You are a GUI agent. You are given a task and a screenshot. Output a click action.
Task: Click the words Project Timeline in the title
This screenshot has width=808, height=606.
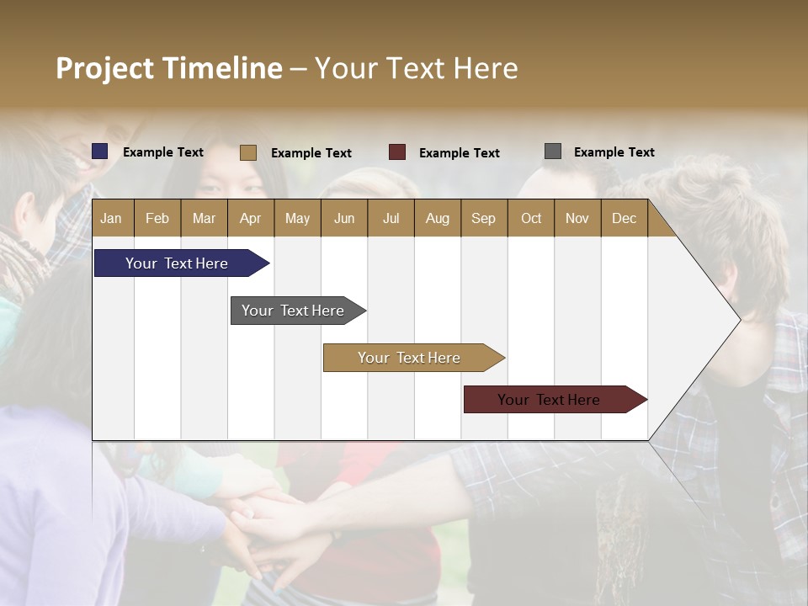pos(169,68)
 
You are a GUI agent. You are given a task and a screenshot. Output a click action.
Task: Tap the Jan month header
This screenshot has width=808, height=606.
pos(111,218)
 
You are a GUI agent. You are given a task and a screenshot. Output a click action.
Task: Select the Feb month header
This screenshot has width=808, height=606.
pos(157,218)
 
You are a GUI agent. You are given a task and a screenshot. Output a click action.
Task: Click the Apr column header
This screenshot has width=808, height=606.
pos(250,218)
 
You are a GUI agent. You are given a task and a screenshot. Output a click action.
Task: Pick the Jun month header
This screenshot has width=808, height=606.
pos(344,218)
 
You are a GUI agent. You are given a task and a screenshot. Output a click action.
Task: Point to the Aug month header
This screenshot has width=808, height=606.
pos(437,218)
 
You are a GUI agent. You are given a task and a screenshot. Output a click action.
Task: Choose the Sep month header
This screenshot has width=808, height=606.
pos(483,218)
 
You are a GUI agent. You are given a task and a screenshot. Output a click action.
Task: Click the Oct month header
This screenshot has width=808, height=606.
pos(531,218)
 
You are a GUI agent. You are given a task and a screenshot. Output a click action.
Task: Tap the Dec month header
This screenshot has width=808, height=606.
pos(624,218)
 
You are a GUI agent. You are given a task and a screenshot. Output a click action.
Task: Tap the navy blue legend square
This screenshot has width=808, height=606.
pos(100,151)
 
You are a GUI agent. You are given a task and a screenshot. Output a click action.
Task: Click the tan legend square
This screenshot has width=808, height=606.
pos(248,152)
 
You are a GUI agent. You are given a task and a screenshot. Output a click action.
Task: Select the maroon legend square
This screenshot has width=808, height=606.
pos(397,152)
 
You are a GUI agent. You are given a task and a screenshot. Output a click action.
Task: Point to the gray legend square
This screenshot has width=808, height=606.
pos(553,151)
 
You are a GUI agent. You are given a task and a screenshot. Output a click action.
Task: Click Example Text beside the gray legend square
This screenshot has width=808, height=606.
pos(614,152)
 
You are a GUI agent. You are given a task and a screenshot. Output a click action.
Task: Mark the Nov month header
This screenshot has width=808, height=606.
pos(577,218)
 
